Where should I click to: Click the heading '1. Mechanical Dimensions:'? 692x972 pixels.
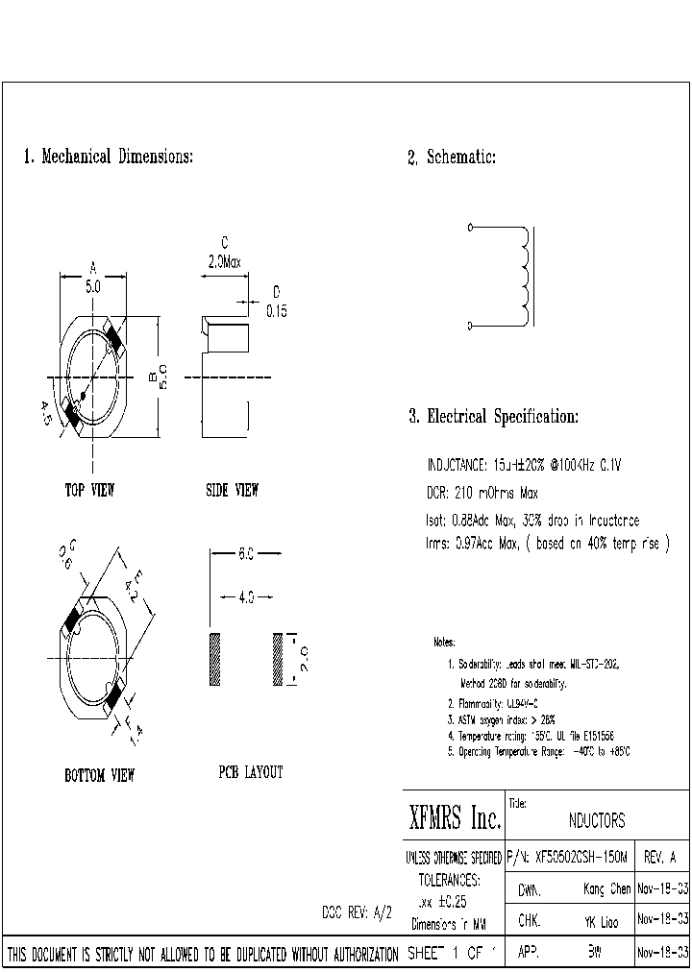coord(108,157)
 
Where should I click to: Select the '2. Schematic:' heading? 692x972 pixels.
coord(451,158)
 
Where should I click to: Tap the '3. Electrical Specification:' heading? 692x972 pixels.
coord(493,417)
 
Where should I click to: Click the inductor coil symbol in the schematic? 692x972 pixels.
coord(524,277)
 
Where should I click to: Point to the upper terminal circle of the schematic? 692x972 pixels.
coord(470,228)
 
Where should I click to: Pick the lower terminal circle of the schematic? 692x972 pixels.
coord(470,327)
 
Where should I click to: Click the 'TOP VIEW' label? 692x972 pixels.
coord(89,490)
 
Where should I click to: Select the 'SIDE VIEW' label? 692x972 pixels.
coord(232,490)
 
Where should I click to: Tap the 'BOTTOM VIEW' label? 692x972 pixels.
coord(99,774)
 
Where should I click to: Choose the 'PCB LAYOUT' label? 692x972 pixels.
coord(250,771)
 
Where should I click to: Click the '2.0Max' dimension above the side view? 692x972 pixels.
coord(225,261)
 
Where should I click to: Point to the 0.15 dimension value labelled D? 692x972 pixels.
coord(276,311)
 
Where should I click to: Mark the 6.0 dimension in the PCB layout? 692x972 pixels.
coord(245,554)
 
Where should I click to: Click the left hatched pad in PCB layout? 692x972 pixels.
coord(215,659)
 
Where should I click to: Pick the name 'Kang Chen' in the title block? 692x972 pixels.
coord(606,889)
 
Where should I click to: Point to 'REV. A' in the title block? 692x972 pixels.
coord(658,856)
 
